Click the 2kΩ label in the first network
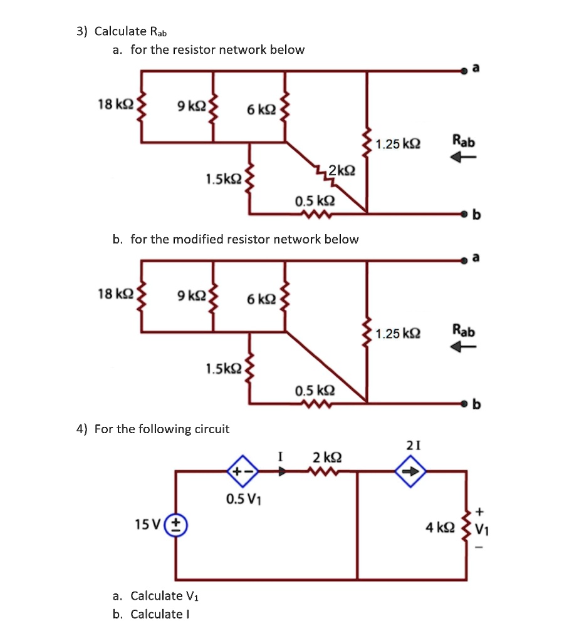pyautogui.click(x=342, y=170)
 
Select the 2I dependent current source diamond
pyautogui.click(x=413, y=473)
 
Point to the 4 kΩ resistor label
pyautogui.click(x=439, y=528)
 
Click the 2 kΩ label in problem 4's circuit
pyautogui.click(x=326, y=456)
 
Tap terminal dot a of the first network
pyautogui.click(x=464, y=72)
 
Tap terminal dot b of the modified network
pyautogui.click(x=464, y=403)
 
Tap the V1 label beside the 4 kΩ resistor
pyautogui.click(x=482, y=529)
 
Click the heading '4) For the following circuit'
pyautogui.click(x=153, y=429)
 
